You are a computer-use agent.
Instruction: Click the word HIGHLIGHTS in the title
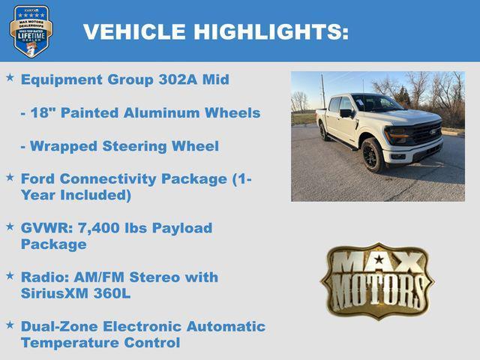click(x=271, y=31)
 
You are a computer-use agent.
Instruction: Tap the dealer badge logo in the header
click(x=31, y=31)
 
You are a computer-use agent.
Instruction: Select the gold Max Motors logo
click(x=377, y=280)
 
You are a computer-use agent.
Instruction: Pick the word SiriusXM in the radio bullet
click(x=55, y=293)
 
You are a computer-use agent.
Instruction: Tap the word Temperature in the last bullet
click(x=67, y=343)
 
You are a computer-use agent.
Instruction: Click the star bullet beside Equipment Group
click(x=10, y=78)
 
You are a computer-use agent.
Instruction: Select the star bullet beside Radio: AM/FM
click(x=10, y=276)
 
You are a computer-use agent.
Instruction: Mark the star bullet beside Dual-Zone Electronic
click(x=10, y=325)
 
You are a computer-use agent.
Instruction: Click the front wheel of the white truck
click(x=372, y=154)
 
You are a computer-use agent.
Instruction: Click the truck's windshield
click(x=377, y=104)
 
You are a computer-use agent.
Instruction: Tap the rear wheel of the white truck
click(x=324, y=132)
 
